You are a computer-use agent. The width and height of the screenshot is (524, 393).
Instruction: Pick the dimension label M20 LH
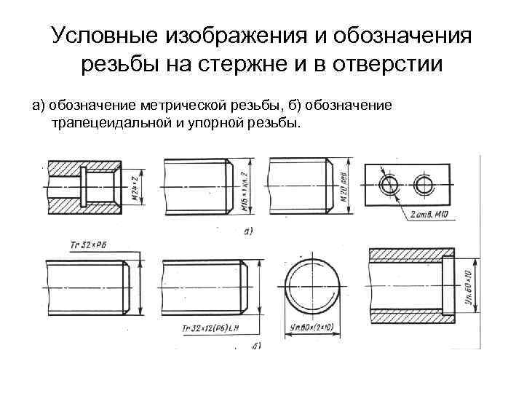click(342, 186)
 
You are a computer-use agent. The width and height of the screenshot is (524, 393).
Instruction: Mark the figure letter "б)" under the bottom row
click(256, 344)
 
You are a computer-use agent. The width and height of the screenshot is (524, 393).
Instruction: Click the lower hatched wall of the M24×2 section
click(80, 211)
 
